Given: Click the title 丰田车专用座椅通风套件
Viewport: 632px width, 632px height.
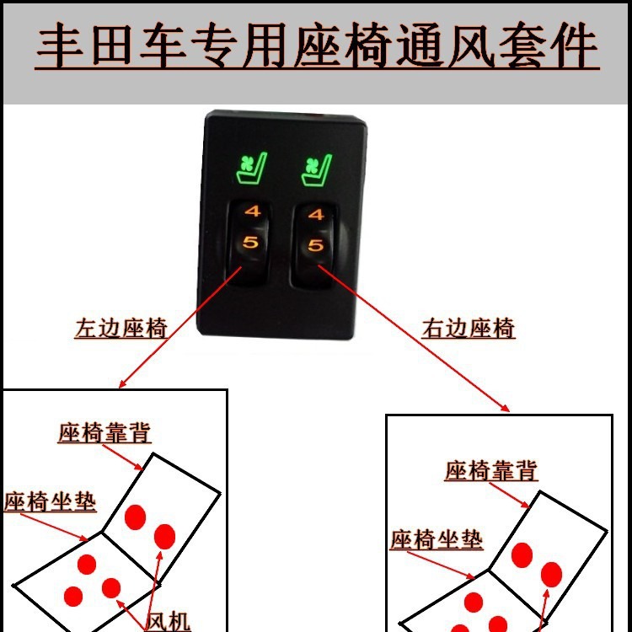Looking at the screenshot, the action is pyautogui.click(x=318, y=46).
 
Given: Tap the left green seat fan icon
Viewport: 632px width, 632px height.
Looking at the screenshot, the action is pyautogui.click(x=252, y=168).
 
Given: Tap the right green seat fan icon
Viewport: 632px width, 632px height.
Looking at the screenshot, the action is pyautogui.click(x=317, y=170).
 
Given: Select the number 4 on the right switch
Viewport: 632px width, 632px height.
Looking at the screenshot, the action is pyautogui.click(x=316, y=214).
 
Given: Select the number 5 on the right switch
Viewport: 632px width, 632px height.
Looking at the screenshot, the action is pyautogui.click(x=316, y=245).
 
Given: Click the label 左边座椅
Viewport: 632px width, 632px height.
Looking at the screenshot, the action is pyautogui.click(x=121, y=329).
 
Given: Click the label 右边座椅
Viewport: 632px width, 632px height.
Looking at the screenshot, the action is pyautogui.click(x=469, y=329).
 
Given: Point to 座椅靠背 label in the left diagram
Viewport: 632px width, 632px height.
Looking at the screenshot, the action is pyautogui.click(x=104, y=433).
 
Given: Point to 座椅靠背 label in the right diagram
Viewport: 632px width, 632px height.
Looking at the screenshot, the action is pyautogui.click(x=491, y=470).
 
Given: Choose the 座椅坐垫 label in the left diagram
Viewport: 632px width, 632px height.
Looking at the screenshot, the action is pyautogui.click(x=51, y=502).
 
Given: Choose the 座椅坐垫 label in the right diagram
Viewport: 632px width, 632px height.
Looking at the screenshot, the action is pyautogui.click(x=437, y=539).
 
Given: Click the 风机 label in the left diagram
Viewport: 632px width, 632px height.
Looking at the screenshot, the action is pyautogui.click(x=168, y=621).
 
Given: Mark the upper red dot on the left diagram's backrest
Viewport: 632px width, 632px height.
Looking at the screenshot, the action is pyautogui.click(x=135, y=517).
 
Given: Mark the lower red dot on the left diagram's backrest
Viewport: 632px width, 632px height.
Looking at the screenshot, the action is pyautogui.click(x=164, y=537).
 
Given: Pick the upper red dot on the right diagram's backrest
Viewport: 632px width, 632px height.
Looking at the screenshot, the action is pyautogui.click(x=522, y=555).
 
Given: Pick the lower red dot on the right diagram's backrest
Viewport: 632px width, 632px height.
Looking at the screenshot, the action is pyautogui.click(x=551, y=575).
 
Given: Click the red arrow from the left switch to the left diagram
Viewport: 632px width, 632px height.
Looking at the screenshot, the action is pyautogui.click(x=180, y=327).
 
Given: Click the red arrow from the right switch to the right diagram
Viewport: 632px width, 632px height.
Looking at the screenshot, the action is pyautogui.click(x=414, y=339).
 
